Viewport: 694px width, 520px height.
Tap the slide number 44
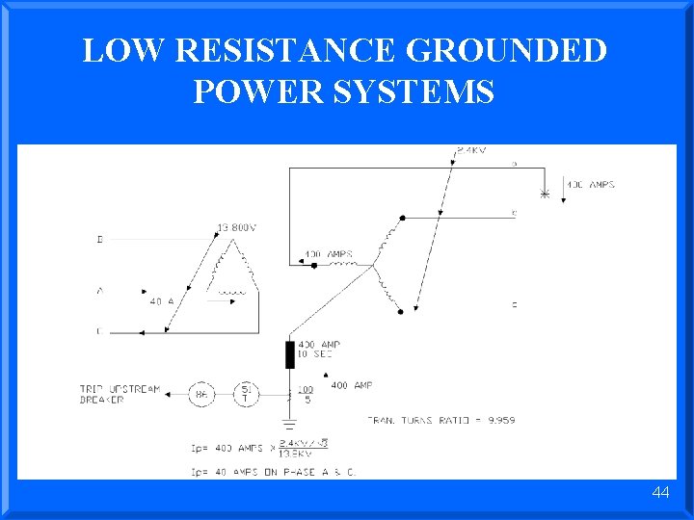pos(660,492)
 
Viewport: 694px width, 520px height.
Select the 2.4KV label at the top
pos(471,150)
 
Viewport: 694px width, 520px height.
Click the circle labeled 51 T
pos(247,393)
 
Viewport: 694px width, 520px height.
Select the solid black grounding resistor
pos(290,354)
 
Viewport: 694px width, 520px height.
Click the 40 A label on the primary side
pos(160,301)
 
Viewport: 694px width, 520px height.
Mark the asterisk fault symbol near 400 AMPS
pos(545,195)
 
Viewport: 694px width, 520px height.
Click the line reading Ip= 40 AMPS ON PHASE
pos(288,472)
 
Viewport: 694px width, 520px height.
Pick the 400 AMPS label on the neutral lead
pos(329,255)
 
